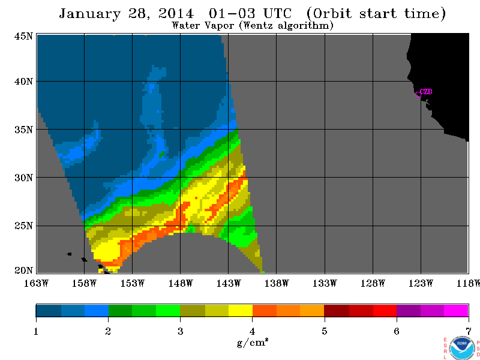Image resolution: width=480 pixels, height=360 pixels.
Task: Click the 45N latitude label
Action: pyautogui.click(x=23, y=37)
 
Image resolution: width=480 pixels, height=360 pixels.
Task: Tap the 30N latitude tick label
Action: pyautogui.click(x=23, y=178)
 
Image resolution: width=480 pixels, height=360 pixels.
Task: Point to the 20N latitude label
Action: pyautogui.click(x=23, y=271)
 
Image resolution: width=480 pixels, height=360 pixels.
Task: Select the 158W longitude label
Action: pyautogui.click(x=84, y=283)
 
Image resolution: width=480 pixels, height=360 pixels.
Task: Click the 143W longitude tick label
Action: pyautogui.click(x=229, y=283)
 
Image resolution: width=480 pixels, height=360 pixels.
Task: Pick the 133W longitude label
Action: pyautogui.click(x=325, y=283)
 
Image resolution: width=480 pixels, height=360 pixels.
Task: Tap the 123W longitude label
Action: pyautogui.click(x=421, y=283)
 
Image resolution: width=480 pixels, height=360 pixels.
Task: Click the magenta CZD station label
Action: pyautogui.click(x=426, y=92)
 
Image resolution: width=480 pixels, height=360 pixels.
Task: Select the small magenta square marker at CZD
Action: pyautogui.click(x=418, y=94)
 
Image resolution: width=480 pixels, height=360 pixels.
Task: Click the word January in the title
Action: pyautogui.click(x=89, y=14)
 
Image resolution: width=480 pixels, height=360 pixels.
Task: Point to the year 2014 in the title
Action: pyautogui.click(x=176, y=13)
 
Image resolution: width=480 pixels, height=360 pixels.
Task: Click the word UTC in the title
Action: pyautogui.click(x=277, y=13)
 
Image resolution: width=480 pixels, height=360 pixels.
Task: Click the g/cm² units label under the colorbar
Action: pyautogui.click(x=253, y=342)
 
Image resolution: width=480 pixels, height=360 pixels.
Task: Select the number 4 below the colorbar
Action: pyautogui.click(x=252, y=331)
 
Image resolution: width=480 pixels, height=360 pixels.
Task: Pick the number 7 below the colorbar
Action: pyautogui.click(x=469, y=331)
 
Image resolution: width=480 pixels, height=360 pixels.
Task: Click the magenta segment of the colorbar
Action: pyautogui.click(x=456, y=310)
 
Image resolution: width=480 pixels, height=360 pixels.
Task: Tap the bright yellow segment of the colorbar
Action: pyautogui.click(x=241, y=310)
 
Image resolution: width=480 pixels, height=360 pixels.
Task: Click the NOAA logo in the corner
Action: pyautogui.click(x=462, y=349)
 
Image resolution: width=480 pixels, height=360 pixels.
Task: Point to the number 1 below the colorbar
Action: pyautogui.click(x=36, y=331)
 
